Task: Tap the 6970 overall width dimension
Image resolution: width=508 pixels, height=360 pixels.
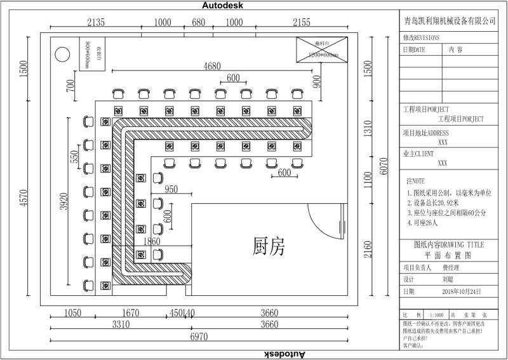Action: point(199,338)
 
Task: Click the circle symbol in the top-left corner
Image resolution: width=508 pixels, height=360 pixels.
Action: point(62,54)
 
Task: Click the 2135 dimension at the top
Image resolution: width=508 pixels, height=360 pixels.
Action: point(95,22)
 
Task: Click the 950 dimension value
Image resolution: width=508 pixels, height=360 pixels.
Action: point(170,189)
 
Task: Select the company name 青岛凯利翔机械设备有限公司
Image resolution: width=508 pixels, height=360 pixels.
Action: point(450,21)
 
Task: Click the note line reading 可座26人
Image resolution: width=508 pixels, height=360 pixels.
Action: point(430,223)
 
